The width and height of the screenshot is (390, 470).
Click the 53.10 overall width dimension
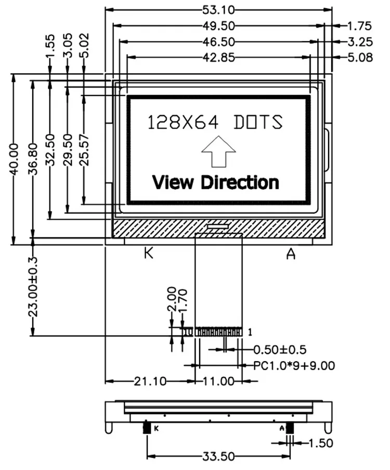pos(218,9)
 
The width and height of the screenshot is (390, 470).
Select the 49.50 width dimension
pos(218,25)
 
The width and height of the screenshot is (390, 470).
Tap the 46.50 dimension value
pos(218,41)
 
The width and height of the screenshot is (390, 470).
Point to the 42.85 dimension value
pos(218,57)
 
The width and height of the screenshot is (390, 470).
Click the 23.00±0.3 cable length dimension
pos(33,286)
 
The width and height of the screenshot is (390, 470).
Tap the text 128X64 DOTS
pos(215,122)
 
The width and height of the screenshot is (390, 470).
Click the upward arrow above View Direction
pos(218,151)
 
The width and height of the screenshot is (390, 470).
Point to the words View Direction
pos(215,182)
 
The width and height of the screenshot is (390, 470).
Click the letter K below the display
pos(149,253)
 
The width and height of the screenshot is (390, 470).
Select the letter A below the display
pos(291,253)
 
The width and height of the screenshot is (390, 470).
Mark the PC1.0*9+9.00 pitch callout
pos(294,366)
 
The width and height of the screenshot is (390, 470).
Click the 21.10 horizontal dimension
pos(150,382)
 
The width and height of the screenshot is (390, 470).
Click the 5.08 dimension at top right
pos(359,57)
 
